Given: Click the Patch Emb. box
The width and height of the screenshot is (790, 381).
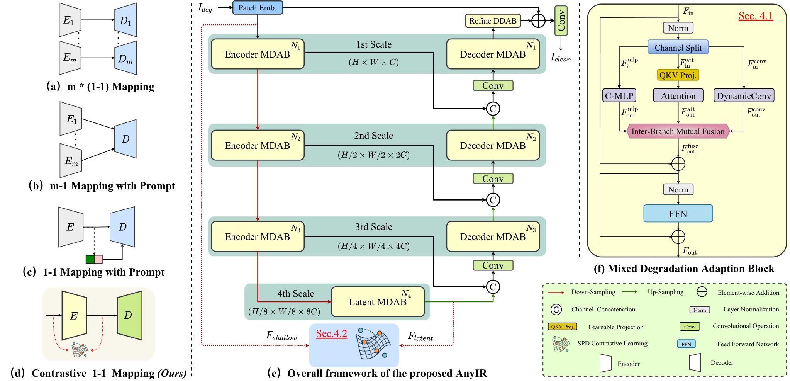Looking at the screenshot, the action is [x=258, y=8].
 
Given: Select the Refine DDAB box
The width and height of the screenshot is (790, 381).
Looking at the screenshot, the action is [x=493, y=21].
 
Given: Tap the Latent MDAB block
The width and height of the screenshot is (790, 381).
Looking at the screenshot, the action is [x=378, y=302].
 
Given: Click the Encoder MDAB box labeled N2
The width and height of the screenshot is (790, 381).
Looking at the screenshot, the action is [x=258, y=145].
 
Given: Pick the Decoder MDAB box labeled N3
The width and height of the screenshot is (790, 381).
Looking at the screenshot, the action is [x=493, y=236].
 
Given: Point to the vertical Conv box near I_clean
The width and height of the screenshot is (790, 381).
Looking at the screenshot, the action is [x=561, y=21].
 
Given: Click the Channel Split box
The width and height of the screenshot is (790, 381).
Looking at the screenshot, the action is [x=678, y=48].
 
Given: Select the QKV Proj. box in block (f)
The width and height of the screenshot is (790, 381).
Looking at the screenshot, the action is [x=678, y=75].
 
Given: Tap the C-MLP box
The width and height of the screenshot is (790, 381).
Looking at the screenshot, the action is [x=619, y=95].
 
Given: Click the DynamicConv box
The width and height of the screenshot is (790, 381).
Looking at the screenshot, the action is [x=744, y=95].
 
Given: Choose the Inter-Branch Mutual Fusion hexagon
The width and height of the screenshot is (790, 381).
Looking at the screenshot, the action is [x=678, y=131].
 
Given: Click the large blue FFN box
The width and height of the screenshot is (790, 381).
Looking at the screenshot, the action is [x=678, y=213].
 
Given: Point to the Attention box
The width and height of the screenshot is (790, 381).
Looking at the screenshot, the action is [x=678, y=95].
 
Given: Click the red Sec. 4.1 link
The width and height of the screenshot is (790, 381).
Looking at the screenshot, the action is [x=756, y=16].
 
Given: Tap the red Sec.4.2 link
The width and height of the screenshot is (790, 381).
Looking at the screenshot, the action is [x=332, y=333].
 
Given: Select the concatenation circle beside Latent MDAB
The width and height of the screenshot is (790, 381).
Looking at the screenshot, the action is [x=493, y=287].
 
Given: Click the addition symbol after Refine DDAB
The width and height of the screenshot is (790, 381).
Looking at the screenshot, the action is [x=538, y=21].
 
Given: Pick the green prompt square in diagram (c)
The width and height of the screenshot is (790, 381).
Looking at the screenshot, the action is [x=90, y=259].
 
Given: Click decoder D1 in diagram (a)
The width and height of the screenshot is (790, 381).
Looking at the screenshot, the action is [x=125, y=20].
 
